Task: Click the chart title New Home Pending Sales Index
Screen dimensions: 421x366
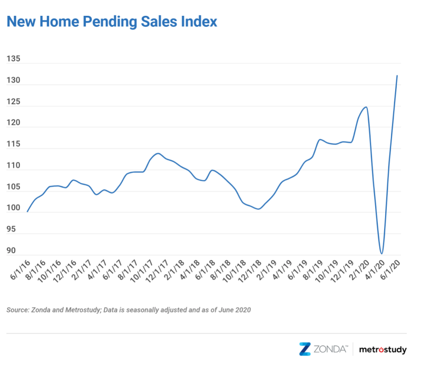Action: (112, 22)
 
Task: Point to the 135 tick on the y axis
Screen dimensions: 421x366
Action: (13, 58)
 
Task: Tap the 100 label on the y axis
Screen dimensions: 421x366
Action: (13, 207)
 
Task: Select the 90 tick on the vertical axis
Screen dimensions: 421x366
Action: (11, 250)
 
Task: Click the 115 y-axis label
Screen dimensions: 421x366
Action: (13, 144)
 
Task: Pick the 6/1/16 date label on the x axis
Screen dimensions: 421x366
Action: (20, 270)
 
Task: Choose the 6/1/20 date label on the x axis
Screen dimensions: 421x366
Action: (390, 270)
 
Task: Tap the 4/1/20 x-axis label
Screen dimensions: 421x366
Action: (375, 270)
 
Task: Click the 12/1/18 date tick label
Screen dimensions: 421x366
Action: (250, 271)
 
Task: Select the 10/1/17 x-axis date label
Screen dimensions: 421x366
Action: (142, 271)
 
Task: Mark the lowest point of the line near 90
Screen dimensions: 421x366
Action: (381, 253)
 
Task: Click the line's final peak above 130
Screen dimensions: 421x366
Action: (397, 76)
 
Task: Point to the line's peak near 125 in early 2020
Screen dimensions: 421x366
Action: (366, 107)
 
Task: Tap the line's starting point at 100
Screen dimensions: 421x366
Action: (27, 212)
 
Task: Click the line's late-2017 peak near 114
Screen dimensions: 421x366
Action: (158, 153)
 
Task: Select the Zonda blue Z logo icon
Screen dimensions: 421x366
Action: (305, 349)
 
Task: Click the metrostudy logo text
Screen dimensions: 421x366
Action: (383, 350)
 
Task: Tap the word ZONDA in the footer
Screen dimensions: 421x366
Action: (330, 349)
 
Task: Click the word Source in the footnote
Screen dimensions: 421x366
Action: (18, 310)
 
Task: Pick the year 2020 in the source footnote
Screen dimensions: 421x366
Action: (243, 310)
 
